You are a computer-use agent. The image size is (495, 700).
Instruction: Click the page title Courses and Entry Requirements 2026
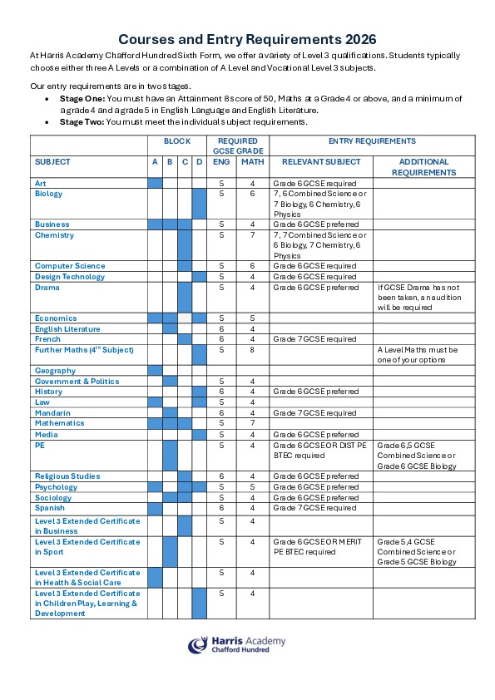coord(247,39)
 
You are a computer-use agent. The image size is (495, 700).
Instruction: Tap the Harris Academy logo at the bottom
coord(236,644)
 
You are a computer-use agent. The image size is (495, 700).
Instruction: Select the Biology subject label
coord(48,194)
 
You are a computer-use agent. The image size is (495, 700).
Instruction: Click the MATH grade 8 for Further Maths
coord(253,350)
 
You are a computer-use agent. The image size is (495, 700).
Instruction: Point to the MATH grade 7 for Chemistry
coord(253,235)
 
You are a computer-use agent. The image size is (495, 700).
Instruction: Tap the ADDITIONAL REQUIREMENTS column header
coord(423,167)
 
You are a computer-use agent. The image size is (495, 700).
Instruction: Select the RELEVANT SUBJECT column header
coord(320,162)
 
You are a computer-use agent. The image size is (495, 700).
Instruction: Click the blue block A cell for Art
coord(155,183)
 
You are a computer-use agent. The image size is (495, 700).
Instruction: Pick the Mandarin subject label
coord(52,413)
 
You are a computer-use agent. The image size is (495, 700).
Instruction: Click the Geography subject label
coord(55,371)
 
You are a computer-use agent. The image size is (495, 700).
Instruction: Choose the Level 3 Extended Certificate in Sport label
coord(87,547)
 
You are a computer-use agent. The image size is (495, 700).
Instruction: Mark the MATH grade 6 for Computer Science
coord(253,266)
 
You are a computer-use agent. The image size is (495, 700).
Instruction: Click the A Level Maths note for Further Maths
coord(424,355)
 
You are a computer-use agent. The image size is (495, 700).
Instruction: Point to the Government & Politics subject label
coord(77,382)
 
